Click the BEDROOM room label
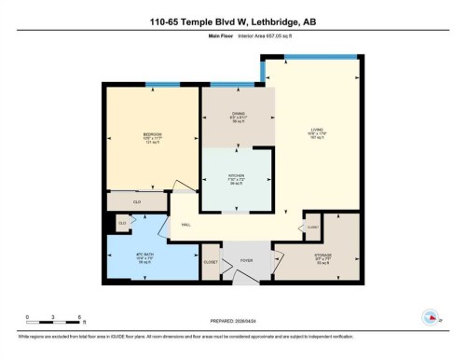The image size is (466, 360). [153, 135]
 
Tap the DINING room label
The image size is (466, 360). [239, 115]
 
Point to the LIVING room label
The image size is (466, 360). [317, 131]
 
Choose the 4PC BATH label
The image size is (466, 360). [144, 255]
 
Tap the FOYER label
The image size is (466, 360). [247, 260]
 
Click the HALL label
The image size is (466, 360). [185, 226]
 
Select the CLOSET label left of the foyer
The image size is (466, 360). [211, 262]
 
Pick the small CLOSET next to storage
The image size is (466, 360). [312, 227]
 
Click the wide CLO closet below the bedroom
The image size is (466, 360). [136, 201]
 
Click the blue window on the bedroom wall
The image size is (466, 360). [162, 85]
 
